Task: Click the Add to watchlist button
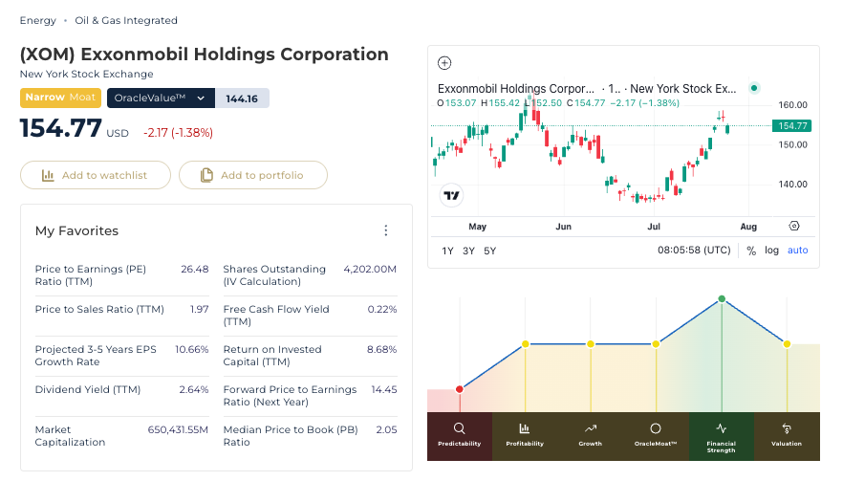click(96, 175)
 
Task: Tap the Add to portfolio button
click(252, 175)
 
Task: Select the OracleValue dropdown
click(161, 98)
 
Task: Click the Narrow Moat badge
click(60, 98)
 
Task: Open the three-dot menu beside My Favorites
click(385, 230)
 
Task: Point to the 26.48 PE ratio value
click(195, 269)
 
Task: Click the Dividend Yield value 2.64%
click(193, 389)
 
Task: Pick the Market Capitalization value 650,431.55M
click(178, 430)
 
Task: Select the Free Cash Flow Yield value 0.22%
click(381, 310)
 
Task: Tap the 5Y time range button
click(489, 251)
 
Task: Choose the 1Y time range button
click(447, 251)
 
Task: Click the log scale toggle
click(771, 251)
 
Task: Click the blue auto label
click(797, 251)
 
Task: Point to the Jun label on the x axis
click(563, 227)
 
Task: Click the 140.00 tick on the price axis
click(792, 184)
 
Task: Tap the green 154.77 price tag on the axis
click(792, 126)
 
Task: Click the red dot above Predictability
click(459, 389)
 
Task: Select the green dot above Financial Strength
click(722, 298)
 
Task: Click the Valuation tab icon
click(787, 428)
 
